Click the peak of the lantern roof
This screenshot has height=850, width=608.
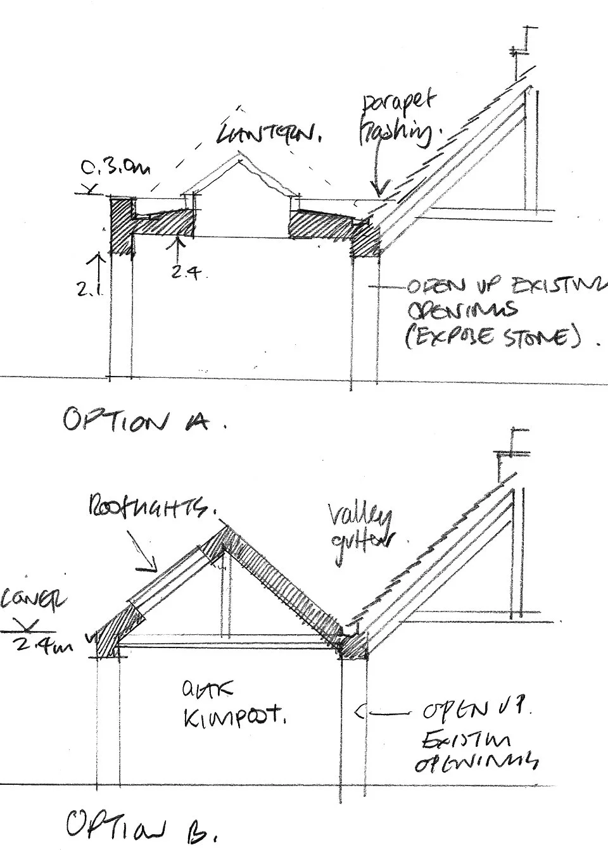click(x=239, y=154)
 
